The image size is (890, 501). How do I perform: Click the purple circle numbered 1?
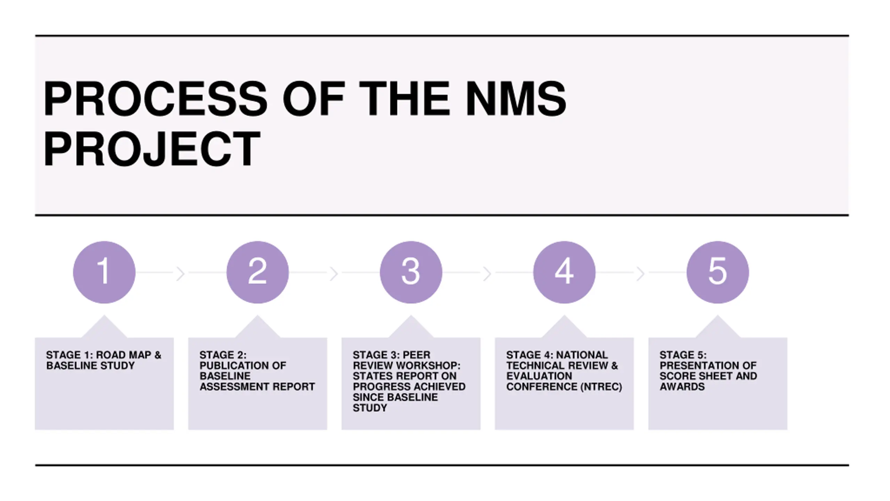click(x=104, y=272)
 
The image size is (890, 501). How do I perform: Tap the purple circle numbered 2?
click(x=258, y=272)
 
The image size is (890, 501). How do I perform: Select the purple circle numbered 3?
click(x=411, y=272)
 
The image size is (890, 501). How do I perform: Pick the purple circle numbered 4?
click(x=564, y=272)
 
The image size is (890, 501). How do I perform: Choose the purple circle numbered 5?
click(x=718, y=272)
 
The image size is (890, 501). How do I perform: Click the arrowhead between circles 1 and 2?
click(x=180, y=274)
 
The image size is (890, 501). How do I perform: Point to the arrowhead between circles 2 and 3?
click(x=334, y=274)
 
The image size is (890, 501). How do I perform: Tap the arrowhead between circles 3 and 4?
click(x=487, y=274)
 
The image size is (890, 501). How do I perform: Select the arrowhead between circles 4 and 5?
click(x=641, y=274)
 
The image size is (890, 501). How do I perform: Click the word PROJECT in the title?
click(x=152, y=149)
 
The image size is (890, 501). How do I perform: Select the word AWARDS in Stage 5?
click(x=682, y=387)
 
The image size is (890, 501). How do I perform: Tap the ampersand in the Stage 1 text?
click(x=158, y=355)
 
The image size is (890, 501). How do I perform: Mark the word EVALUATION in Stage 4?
click(x=539, y=376)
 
